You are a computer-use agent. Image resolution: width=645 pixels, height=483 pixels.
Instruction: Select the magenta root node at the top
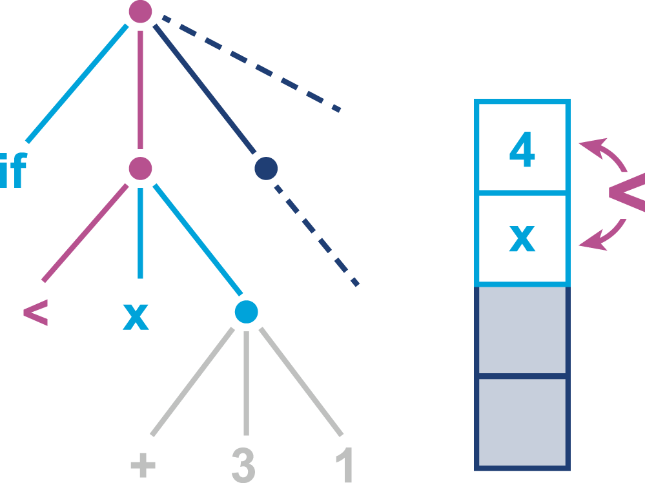[x=140, y=12]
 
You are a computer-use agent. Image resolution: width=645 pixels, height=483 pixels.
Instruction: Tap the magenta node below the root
[x=140, y=169]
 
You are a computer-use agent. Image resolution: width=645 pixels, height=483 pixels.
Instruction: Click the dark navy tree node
[x=266, y=169]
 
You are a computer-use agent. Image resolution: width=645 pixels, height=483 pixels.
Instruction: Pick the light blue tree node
[x=247, y=312]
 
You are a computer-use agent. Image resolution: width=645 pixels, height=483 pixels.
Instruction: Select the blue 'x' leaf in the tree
[x=136, y=316]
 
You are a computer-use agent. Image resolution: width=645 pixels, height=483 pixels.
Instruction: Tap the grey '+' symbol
[x=143, y=465]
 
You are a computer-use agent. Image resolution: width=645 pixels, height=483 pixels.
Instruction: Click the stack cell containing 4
[x=522, y=147]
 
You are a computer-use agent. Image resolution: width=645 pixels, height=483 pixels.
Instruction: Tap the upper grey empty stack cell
[x=522, y=330]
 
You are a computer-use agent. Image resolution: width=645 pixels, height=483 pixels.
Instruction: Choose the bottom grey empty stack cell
[x=522, y=422]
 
